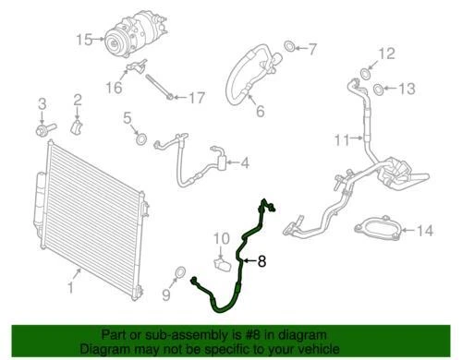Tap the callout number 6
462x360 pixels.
click(x=259, y=113)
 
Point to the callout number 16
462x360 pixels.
click(x=112, y=88)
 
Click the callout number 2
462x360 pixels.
click(x=78, y=99)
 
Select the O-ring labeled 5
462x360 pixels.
click(x=141, y=139)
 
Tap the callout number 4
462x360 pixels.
click(x=244, y=164)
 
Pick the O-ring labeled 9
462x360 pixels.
click(x=181, y=273)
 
